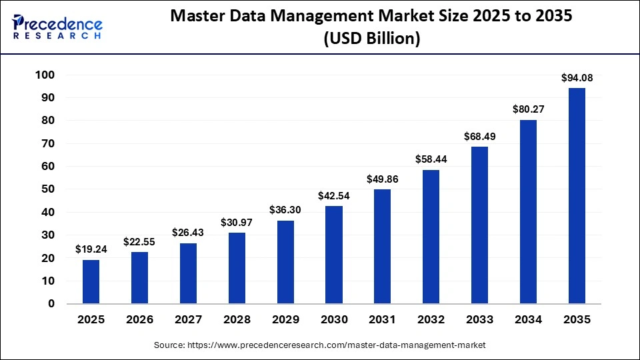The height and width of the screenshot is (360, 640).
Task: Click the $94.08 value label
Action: click(x=577, y=78)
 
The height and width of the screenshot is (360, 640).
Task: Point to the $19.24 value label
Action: click(x=91, y=249)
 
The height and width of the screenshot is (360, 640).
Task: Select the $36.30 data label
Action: click(x=285, y=210)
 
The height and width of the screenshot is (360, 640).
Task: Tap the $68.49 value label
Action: click(x=480, y=137)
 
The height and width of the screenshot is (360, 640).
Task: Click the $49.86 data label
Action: click(x=383, y=179)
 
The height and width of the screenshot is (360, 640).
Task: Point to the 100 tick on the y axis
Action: click(x=44, y=75)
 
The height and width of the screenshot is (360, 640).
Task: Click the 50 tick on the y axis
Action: click(x=47, y=189)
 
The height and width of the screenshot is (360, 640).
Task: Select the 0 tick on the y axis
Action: click(x=51, y=304)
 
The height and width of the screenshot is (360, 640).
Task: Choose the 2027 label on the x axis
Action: click(x=189, y=319)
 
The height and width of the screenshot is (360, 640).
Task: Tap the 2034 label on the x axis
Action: click(x=528, y=319)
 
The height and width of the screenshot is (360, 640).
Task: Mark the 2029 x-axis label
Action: click(x=285, y=319)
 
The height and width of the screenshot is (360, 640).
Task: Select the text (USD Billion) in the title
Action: click(x=371, y=39)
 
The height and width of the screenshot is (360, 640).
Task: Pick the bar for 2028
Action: click(x=237, y=268)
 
